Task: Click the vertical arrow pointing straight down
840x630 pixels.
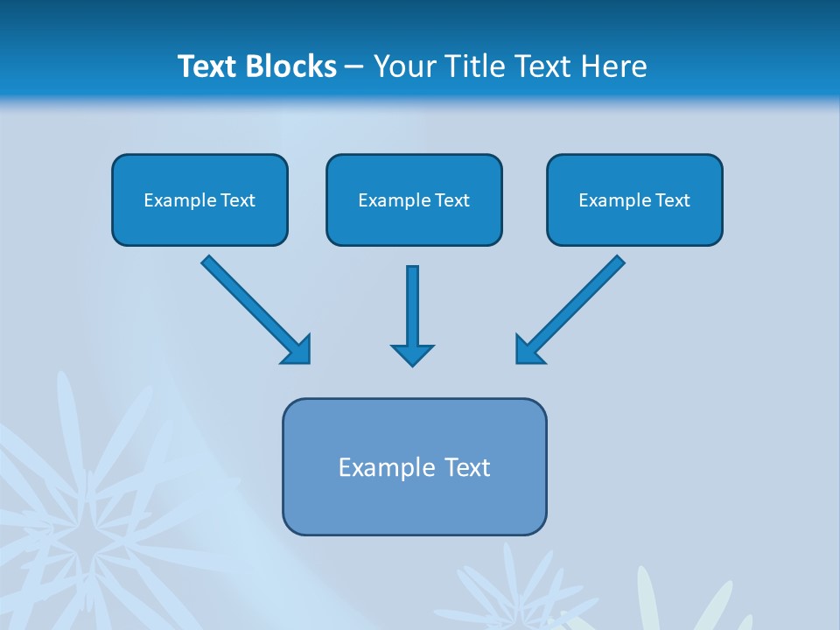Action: coord(412,306)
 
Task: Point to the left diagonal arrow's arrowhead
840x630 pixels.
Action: coord(297,350)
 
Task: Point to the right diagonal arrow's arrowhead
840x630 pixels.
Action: coord(528,349)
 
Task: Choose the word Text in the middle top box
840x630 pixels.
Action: coord(452,200)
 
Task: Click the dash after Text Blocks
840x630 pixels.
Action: coord(354,66)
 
